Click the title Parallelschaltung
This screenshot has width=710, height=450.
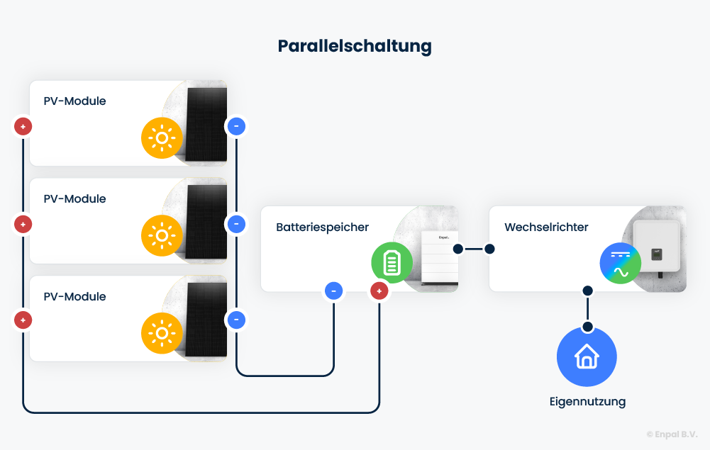coord(355,46)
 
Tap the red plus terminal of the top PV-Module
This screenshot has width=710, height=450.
coord(23,127)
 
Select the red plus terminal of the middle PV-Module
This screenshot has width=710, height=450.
coord(23,225)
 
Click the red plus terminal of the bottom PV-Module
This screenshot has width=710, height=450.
coord(23,320)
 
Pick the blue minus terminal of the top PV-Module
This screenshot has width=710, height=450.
coord(236,127)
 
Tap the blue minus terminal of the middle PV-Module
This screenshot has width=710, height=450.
coord(236,225)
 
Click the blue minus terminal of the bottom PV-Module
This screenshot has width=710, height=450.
coord(236,320)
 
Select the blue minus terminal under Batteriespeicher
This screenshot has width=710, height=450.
coord(333,291)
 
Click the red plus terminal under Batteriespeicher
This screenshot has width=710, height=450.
coord(379,291)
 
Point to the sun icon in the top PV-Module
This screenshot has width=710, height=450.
coord(162,137)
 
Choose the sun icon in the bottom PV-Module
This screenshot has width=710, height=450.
coord(162,333)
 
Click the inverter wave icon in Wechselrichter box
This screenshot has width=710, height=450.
coord(621,264)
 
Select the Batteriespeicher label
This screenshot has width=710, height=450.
coord(322,227)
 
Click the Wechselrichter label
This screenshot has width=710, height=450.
coord(546,227)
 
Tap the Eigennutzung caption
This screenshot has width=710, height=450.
coord(587,402)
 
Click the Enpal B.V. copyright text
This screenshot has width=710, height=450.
coord(672,434)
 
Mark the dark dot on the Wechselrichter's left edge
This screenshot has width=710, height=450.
coord(489,249)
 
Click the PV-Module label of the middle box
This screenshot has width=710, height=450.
coord(74,199)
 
